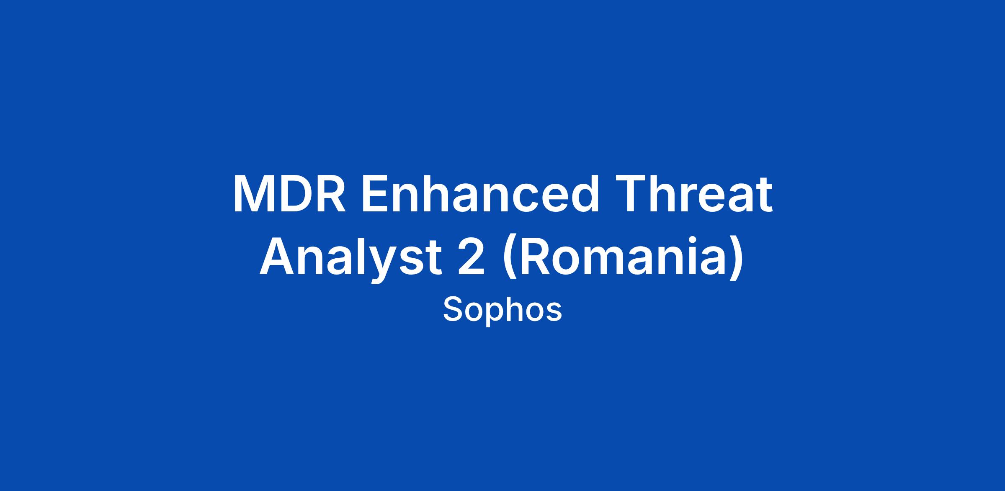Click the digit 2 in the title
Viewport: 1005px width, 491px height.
click(472, 256)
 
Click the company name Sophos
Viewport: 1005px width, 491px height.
click(502, 310)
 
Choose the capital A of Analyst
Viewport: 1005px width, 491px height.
click(277, 256)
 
